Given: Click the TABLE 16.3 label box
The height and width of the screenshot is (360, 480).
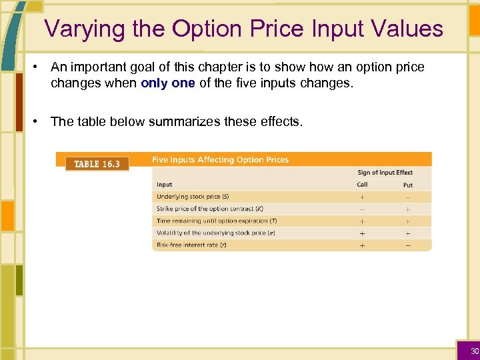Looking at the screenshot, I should click(97, 164).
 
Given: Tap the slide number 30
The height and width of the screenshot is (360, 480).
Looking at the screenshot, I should click(475, 351).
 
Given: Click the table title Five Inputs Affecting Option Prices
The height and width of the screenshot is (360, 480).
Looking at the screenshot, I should click(220, 160).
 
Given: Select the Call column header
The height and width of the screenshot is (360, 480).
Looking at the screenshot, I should click(362, 185).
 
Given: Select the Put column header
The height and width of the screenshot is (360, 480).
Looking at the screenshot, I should click(407, 185).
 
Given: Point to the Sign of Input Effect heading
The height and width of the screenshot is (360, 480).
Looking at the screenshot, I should click(385, 173).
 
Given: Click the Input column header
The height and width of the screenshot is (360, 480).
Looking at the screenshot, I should click(164, 185).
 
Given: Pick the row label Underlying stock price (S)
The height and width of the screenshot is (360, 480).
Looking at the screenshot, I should click(193, 197).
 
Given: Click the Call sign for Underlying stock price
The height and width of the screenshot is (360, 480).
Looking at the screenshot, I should click(362, 197).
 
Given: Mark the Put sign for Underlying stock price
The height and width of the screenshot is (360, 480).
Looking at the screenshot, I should click(407, 197).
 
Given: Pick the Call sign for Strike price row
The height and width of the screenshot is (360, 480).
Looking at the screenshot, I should click(362, 209).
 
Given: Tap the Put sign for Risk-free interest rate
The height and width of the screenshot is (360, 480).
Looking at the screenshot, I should click(407, 245).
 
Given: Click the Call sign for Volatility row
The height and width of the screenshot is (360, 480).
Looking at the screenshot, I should click(362, 233).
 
